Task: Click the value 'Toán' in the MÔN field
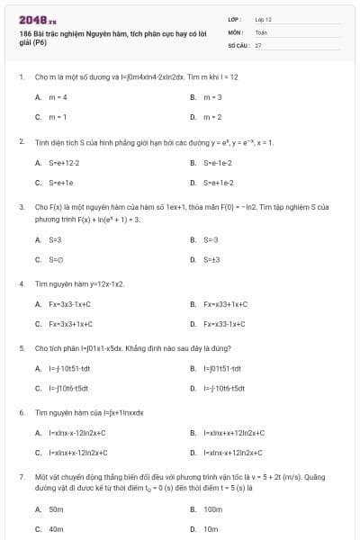pos(261,31)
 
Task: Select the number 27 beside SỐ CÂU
pos(258,43)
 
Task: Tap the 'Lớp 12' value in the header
pos(263,18)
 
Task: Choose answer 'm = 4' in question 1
pos(58,96)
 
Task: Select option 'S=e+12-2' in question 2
pos(64,163)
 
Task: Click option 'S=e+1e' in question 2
pos(61,183)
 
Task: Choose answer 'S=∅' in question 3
pos(57,259)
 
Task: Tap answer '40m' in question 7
pos(56,529)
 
